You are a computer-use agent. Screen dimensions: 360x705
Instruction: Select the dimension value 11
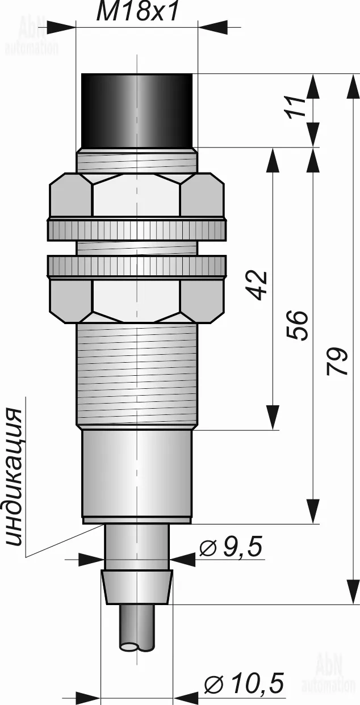click(296, 106)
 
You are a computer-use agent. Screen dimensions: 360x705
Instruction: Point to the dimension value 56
click(296, 325)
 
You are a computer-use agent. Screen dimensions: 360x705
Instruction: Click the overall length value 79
click(337, 362)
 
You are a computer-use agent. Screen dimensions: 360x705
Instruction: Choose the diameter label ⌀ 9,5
click(231, 548)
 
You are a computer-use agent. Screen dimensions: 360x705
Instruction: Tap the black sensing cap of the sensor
click(137, 111)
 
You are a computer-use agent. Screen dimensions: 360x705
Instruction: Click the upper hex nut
click(137, 195)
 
